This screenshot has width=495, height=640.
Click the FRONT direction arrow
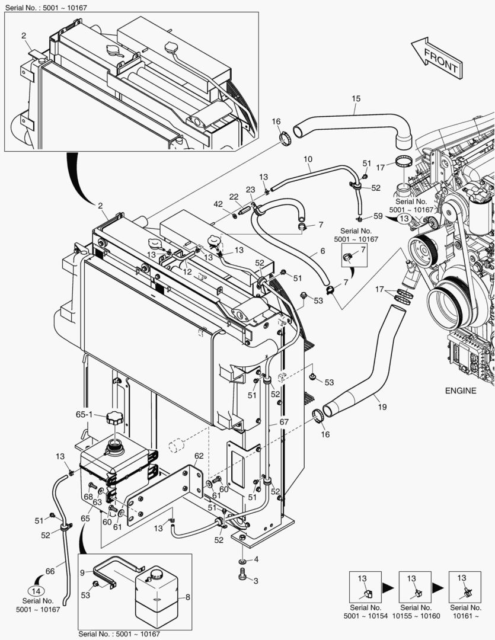coord(436,57)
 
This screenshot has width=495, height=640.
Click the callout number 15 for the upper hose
coord(356,99)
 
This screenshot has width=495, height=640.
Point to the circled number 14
coord(36,590)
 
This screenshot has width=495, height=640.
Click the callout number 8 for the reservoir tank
coord(188,597)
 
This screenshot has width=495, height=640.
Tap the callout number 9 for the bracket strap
coord(82,572)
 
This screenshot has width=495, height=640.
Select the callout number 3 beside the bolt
coord(256,581)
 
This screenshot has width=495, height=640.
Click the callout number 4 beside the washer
coord(256,559)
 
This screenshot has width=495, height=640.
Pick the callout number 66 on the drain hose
coord(50,571)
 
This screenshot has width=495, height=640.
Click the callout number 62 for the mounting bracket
coord(199,456)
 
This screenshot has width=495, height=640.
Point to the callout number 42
coord(218,204)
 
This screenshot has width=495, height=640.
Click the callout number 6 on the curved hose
coord(322,251)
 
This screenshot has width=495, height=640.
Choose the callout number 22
coord(234,197)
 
